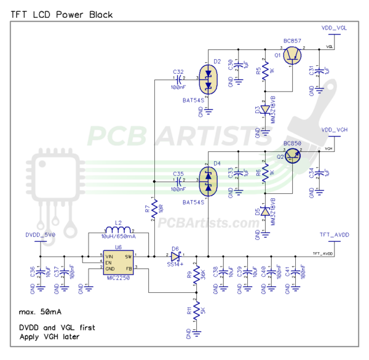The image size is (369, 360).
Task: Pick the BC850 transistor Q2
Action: (x=293, y=158)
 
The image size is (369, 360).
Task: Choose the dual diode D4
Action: (x=208, y=181)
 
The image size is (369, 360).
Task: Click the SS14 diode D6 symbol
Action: (x=176, y=255)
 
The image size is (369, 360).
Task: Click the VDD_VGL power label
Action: (x=334, y=28)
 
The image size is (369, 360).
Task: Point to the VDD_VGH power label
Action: (x=334, y=130)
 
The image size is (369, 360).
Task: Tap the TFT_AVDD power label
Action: (x=334, y=235)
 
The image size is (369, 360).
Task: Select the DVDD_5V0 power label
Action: (x=41, y=235)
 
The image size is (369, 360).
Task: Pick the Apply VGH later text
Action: (x=50, y=337)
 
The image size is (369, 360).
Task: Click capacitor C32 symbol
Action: (x=179, y=78)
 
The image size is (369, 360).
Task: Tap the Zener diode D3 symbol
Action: (x=266, y=111)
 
